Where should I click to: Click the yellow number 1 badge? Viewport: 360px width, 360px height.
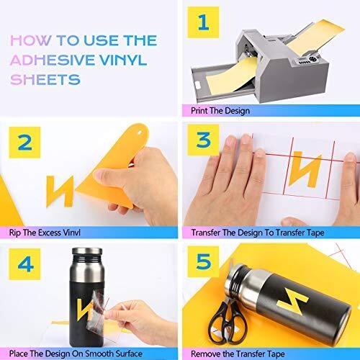203,22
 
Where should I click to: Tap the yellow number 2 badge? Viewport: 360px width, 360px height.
24,143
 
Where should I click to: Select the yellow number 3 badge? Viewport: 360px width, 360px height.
203,140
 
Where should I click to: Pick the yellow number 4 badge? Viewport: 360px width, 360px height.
24,264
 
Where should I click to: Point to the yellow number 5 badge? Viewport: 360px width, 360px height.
203,261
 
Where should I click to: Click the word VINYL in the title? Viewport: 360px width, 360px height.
123,60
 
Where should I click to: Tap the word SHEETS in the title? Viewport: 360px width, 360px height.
45,79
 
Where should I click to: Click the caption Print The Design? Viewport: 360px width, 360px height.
220,111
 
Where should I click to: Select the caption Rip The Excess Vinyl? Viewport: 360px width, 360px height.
45,233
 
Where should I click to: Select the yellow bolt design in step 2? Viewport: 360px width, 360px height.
60,192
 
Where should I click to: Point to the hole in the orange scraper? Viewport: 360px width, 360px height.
140,132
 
